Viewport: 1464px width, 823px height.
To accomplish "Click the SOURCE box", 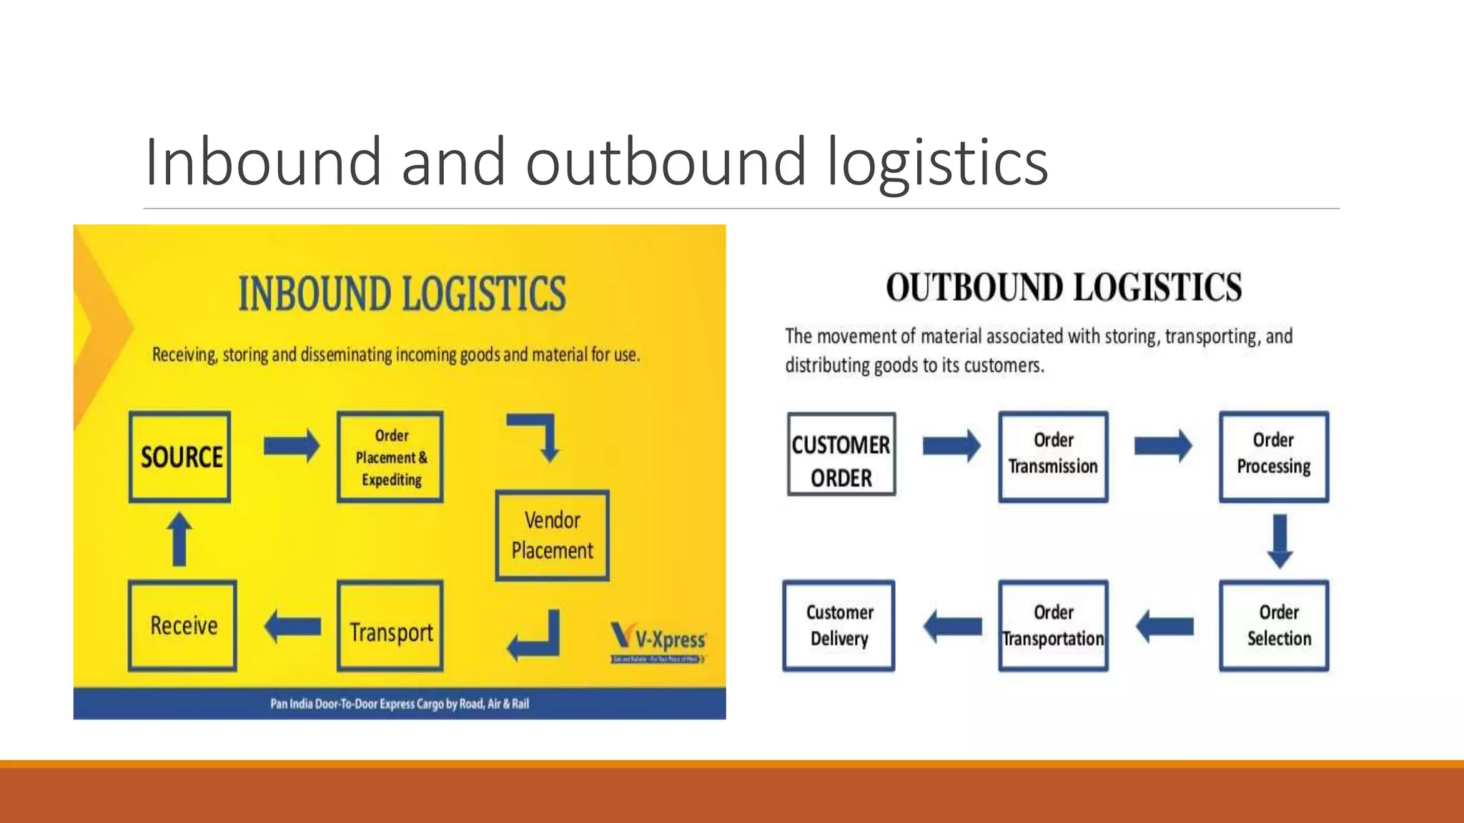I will click(180, 457).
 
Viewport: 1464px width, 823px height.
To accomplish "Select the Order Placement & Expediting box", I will click(390, 457).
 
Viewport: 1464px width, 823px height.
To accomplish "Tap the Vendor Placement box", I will click(553, 535).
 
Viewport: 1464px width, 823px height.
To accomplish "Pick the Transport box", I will click(390, 626).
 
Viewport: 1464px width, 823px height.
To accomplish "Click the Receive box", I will click(183, 626).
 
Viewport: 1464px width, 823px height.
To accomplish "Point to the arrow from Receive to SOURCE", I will click(179, 540).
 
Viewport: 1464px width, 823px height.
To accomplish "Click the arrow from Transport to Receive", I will click(292, 627).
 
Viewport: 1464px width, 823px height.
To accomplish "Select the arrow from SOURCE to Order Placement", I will click(291, 447).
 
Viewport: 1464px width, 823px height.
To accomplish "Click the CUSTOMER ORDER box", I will click(841, 454).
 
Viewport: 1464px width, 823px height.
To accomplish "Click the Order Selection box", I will click(1274, 626).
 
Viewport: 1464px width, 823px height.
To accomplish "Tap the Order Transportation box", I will click(1054, 626).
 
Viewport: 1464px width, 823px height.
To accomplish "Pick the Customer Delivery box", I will click(839, 626).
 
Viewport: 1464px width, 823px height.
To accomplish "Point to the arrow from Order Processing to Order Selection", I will click(1280, 541).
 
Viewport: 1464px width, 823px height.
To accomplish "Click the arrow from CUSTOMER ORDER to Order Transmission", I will click(951, 447).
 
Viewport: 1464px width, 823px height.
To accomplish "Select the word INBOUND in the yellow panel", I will click(315, 294).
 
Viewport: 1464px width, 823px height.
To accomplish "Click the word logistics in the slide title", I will click(937, 162).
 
